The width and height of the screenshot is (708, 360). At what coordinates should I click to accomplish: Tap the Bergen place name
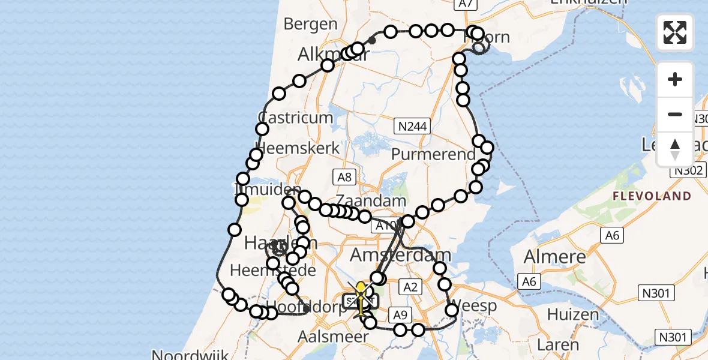point(311,24)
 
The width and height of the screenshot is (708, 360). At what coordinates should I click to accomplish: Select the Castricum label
point(295,117)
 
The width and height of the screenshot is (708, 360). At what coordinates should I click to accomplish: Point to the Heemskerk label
point(298,148)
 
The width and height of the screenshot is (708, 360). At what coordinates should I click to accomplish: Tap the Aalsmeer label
point(334,337)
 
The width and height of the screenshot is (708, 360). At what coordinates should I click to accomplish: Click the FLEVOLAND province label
point(652,196)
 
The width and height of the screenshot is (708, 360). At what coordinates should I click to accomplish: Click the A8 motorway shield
point(344,176)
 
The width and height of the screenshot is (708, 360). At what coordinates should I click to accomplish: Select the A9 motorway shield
point(399,314)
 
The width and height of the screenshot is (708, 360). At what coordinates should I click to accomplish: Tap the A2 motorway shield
point(410,287)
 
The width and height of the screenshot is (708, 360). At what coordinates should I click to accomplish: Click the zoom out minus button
point(675,114)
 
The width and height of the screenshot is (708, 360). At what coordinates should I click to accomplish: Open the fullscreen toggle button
point(675,32)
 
